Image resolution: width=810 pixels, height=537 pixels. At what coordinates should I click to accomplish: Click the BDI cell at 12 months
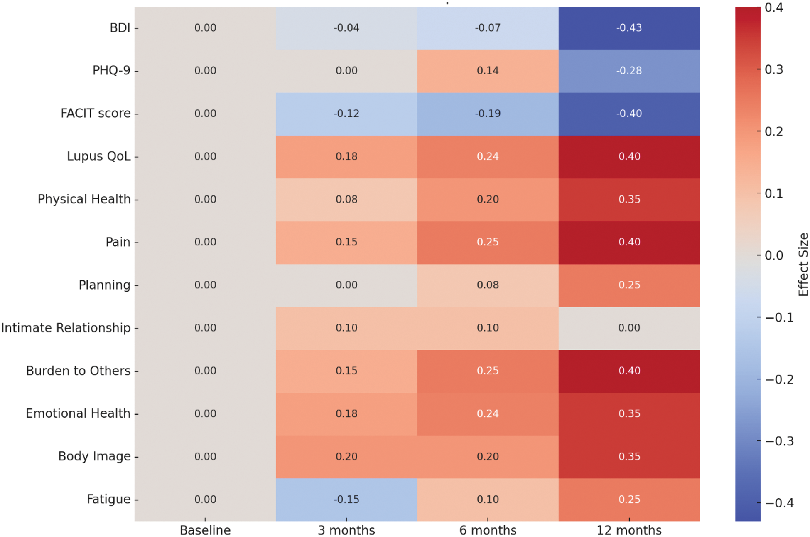point(629,28)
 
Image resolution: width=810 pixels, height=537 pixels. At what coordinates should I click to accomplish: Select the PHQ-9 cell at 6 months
point(488,71)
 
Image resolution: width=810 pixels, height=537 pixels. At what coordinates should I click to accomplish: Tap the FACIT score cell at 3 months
point(346,114)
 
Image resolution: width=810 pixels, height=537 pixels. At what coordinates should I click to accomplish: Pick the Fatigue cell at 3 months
point(346,499)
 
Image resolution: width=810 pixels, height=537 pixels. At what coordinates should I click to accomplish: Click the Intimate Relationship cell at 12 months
point(629,328)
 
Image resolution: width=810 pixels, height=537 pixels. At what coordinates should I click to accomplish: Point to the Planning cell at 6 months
point(488,285)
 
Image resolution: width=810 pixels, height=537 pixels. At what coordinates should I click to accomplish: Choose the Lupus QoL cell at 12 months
point(629,156)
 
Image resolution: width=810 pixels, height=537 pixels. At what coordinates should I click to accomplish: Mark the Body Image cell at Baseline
point(205,456)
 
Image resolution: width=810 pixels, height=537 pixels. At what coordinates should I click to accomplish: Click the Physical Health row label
point(84,199)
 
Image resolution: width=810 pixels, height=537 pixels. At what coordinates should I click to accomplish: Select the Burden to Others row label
point(78,371)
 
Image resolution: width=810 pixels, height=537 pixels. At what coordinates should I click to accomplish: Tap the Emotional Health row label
point(78,413)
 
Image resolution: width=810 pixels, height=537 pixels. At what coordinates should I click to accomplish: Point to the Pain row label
point(118,242)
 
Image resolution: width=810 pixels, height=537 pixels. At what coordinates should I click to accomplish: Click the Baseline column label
point(205,530)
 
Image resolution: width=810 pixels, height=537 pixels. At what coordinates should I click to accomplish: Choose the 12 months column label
point(629,530)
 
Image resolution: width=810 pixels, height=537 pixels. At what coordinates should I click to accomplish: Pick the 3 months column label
point(346,530)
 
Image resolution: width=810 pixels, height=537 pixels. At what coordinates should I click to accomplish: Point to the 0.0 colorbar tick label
point(773,255)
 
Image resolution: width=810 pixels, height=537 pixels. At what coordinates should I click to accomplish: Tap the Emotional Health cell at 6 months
point(488,413)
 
